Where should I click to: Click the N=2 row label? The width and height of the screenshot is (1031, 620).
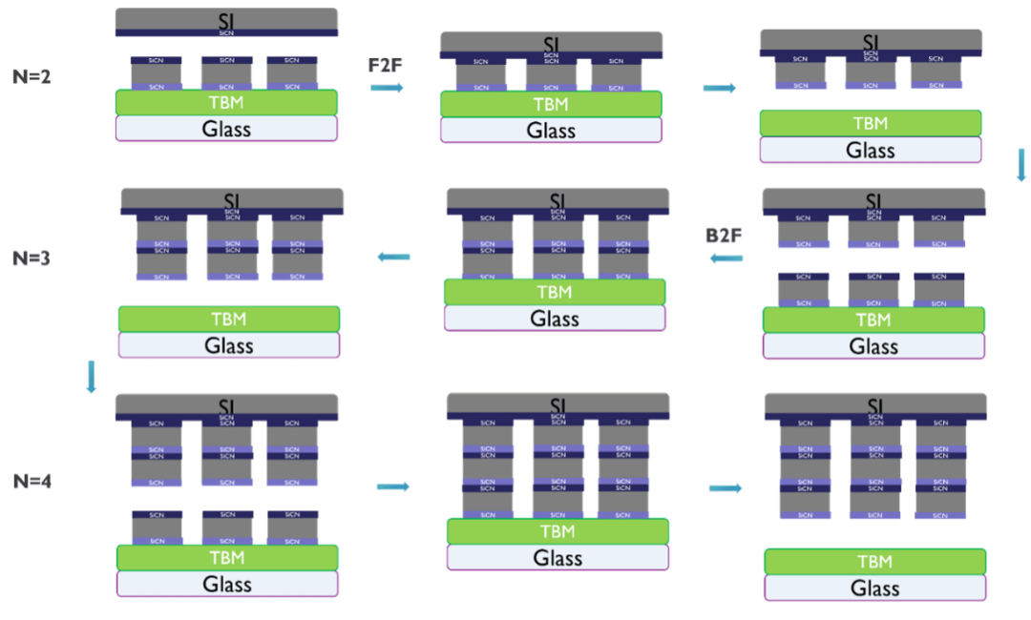point(32,77)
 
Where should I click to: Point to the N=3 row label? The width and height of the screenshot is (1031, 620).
point(32,258)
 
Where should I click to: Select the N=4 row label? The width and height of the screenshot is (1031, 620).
point(32,482)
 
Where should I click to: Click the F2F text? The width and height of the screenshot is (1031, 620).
point(386,65)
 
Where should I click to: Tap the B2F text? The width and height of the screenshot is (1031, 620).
point(725,235)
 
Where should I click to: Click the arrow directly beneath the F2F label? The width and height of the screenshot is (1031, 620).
point(387,88)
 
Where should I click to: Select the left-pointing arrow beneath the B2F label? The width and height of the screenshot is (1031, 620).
point(726,258)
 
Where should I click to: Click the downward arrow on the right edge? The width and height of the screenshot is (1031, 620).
point(1020,164)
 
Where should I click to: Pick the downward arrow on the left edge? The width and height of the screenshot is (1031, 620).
point(92,376)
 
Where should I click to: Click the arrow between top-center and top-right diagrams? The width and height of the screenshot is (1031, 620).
point(720,88)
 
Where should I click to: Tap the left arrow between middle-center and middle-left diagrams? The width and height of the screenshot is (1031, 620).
point(393,257)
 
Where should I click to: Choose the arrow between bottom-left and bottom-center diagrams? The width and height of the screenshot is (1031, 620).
point(393,486)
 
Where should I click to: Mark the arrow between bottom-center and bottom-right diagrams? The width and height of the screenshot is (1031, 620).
point(726,487)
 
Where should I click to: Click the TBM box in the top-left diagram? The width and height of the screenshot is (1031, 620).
point(226,102)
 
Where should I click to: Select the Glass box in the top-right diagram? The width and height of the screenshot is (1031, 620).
point(871,150)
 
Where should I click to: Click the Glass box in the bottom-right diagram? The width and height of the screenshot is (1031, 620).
point(875,588)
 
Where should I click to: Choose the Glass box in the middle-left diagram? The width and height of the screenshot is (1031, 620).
point(229,345)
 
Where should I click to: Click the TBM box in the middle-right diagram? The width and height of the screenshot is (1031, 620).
point(873,320)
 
